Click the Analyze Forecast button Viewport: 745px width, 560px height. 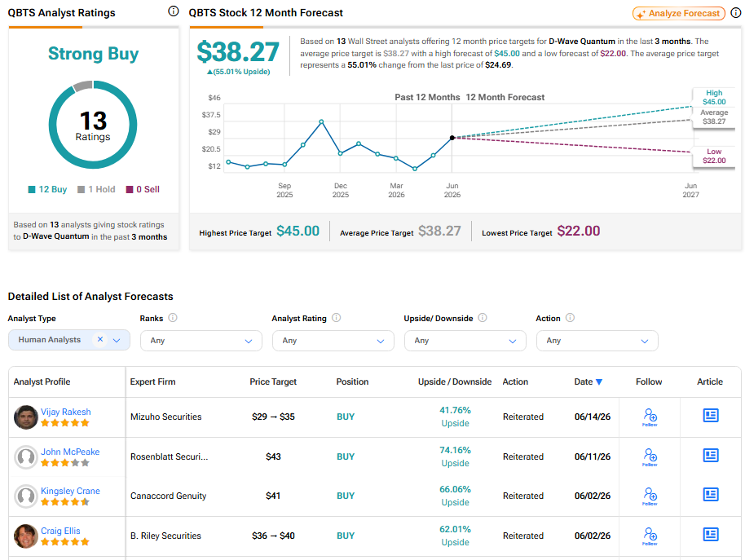[x=678, y=13]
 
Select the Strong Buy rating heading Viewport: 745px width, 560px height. [x=93, y=54]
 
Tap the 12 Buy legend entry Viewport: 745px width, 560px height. [x=47, y=189]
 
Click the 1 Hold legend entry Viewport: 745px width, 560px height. [x=96, y=189]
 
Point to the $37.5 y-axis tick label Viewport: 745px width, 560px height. [x=211, y=115]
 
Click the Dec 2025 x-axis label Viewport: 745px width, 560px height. [x=341, y=190]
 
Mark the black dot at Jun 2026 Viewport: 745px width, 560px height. [x=452, y=138]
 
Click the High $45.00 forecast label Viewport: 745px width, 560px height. [x=714, y=97]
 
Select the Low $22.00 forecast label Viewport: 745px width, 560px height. [x=714, y=156]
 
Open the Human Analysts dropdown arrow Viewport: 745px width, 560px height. [x=117, y=340]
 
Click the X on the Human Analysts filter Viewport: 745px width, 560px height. [x=100, y=339]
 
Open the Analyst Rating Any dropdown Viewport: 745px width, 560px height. [x=333, y=341]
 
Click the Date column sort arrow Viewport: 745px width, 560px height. [x=599, y=381]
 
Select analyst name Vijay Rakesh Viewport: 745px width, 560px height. [x=65, y=412]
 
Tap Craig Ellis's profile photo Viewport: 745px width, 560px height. [x=25, y=536]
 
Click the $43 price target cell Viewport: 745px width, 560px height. [x=273, y=456]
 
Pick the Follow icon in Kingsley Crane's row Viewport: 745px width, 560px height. [x=650, y=496]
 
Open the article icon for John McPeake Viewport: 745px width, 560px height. [x=711, y=456]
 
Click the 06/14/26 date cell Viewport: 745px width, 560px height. [x=593, y=417]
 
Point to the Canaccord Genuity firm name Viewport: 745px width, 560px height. [x=168, y=496]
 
